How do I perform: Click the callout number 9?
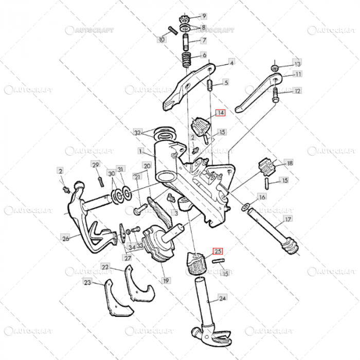204,16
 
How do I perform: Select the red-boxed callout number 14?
220,114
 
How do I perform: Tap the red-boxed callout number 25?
218,251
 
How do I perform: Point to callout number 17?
288,220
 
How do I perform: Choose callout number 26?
65,238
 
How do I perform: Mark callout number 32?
137,132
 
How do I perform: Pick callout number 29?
95,165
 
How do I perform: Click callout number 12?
297,91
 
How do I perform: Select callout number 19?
166,281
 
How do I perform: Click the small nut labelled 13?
276,67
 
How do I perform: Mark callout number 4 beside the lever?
231,63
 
